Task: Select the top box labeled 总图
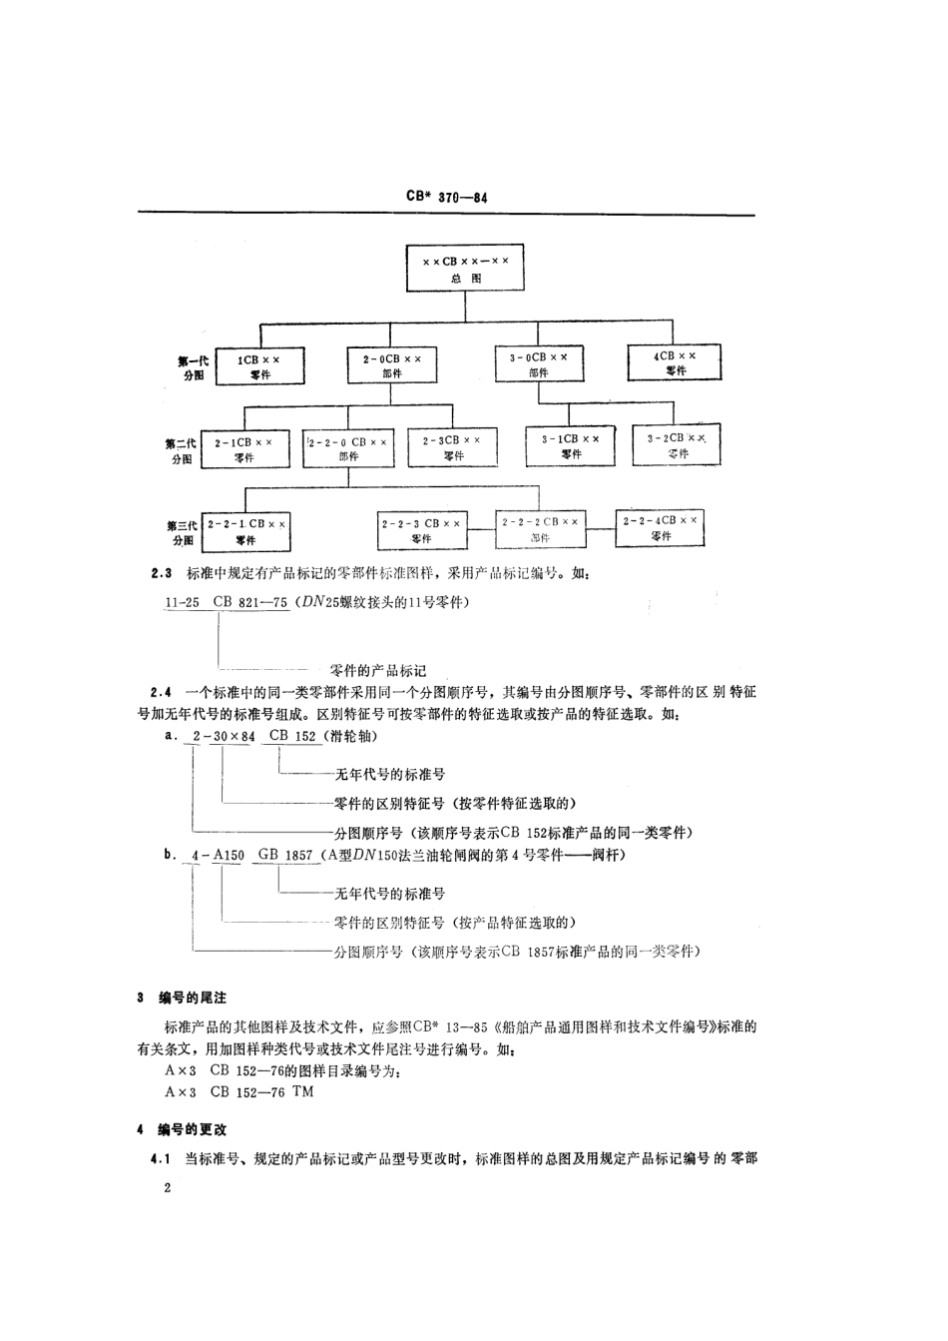coord(465,270)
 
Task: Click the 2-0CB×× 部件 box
coord(391,364)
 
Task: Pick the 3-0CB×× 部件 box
coord(539,363)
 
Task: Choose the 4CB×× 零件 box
coord(676,362)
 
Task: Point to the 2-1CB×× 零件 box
coord(244,448)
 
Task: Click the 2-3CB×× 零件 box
coord(453,447)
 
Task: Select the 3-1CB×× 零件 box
coord(571,445)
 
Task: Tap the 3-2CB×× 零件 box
coord(676,445)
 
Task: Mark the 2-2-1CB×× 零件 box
coord(246,530)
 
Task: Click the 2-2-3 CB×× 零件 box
coord(420,530)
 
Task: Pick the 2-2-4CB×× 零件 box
coord(661,527)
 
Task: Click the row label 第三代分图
coord(182,531)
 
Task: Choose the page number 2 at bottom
coord(167,1188)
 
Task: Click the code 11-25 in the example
coord(181,602)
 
